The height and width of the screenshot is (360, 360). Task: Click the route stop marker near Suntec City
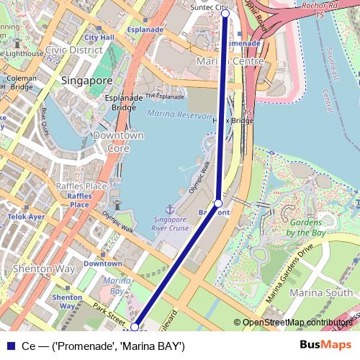225,13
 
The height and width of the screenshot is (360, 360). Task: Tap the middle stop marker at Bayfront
218,203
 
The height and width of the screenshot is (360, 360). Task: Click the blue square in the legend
9,346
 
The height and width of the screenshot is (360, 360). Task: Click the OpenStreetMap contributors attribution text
297,323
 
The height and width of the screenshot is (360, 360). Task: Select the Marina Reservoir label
179,115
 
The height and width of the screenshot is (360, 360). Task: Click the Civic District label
73,50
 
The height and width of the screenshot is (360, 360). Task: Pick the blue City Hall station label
99,37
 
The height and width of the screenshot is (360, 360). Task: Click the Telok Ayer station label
26,216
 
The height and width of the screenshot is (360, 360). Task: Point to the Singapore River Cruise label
171,224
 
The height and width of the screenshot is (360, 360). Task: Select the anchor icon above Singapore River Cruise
171,208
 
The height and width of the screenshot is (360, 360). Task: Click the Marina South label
320,292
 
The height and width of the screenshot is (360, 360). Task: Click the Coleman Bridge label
22,83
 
